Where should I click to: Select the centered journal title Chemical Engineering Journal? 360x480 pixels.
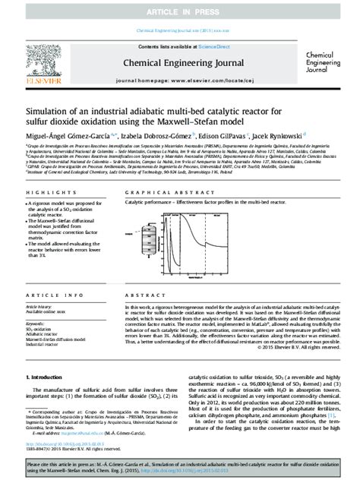point(180,66)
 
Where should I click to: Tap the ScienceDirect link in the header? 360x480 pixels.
point(200,46)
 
